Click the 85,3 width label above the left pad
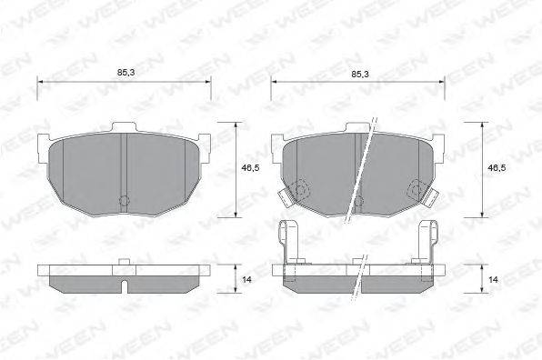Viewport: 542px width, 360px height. pyautogui.click(x=125, y=73)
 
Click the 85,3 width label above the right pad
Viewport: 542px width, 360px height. pyautogui.click(x=360, y=74)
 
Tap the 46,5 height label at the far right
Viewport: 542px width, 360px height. pyautogui.click(x=497, y=168)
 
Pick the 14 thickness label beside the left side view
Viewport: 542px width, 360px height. pyautogui.click(x=246, y=279)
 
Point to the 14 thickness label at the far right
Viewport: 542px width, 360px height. pyautogui.click(x=493, y=279)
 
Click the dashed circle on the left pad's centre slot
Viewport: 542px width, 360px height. pyautogui.click(x=124, y=200)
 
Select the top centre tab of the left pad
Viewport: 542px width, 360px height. pyautogui.click(x=124, y=127)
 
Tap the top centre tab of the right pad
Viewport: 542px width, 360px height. pyautogui.click(x=358, y=127)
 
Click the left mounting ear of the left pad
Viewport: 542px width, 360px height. pyautogui.click(x=44, y=148)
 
